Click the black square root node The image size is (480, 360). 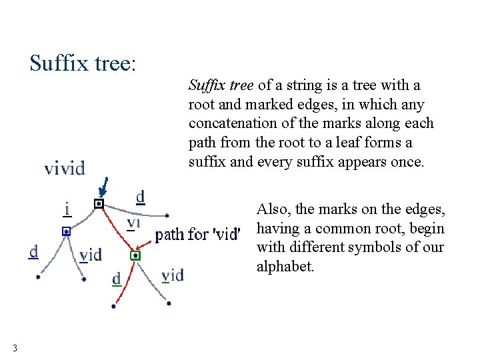[x=99, y=203]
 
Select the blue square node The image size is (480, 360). [x=66, y=231]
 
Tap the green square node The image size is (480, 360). [x=135, y=255]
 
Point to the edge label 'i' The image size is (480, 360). [x=67, y=209]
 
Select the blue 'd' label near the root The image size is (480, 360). [x=140, y=197]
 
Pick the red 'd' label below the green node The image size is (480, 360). [x=117, y=279]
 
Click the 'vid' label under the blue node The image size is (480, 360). [x=90, y=255]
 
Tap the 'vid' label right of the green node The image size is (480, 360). [x=173, y=275]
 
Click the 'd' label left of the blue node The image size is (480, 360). [x=33, y=252]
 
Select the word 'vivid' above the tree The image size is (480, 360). [x=65, y=167]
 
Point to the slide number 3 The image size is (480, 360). [x=15, y=347]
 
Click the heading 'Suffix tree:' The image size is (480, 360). [x=83, y=63]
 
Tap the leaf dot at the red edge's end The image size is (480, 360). [x=113, y=306]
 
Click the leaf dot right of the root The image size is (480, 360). [x=167, y=215]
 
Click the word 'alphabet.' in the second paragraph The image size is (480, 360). [x=285, y=267]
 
